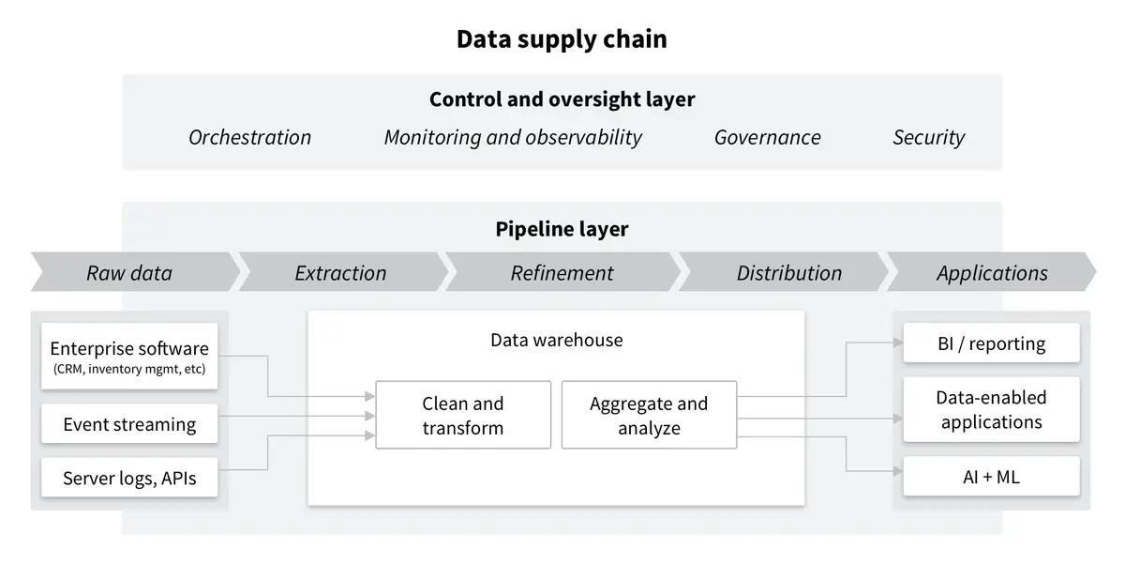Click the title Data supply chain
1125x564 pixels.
(562, 39)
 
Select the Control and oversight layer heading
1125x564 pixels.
(562, 99)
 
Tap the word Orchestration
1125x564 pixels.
(249, 137)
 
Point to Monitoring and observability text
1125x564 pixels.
(513, 137)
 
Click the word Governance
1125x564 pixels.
(767, 137)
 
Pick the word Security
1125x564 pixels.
(928, 137)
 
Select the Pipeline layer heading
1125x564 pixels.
(562, 229)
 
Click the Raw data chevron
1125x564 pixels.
(130, 273)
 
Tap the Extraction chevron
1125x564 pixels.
(340, 273)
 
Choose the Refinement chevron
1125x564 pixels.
(562, 273)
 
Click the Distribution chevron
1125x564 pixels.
(788, 273)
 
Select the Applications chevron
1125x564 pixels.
(992, 273)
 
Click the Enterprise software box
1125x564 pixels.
(129, 357)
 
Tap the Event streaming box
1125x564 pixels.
(129, 424)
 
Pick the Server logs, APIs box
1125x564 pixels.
(129, 478)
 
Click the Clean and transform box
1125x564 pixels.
(463, 415)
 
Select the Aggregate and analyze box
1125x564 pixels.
(649, 415)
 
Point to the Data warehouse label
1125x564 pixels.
(556, 340)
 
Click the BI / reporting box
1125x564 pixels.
(991, 343)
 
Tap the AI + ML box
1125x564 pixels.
(991, 477)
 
